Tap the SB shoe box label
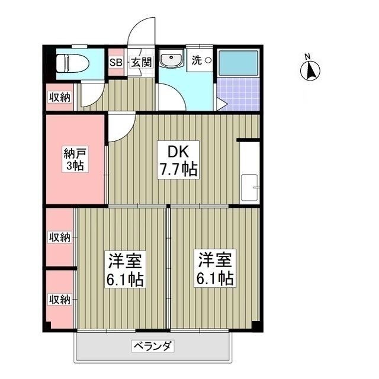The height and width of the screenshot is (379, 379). pos(114,62)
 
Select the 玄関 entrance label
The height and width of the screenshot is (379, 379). pos(142,62)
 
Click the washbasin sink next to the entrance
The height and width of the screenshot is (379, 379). pos(172,60)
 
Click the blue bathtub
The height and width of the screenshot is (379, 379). pos(238,63)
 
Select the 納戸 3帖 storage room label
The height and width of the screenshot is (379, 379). pos(75,160)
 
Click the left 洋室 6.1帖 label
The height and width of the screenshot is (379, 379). pos(125,269)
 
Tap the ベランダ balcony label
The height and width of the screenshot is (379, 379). pos(152,346)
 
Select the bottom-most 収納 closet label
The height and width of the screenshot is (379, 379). pos(59,299)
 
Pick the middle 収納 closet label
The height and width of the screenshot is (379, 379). pos(59,237)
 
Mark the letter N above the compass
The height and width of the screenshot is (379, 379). pos(308,57)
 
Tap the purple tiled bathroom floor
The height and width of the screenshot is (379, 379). pos(238,95)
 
